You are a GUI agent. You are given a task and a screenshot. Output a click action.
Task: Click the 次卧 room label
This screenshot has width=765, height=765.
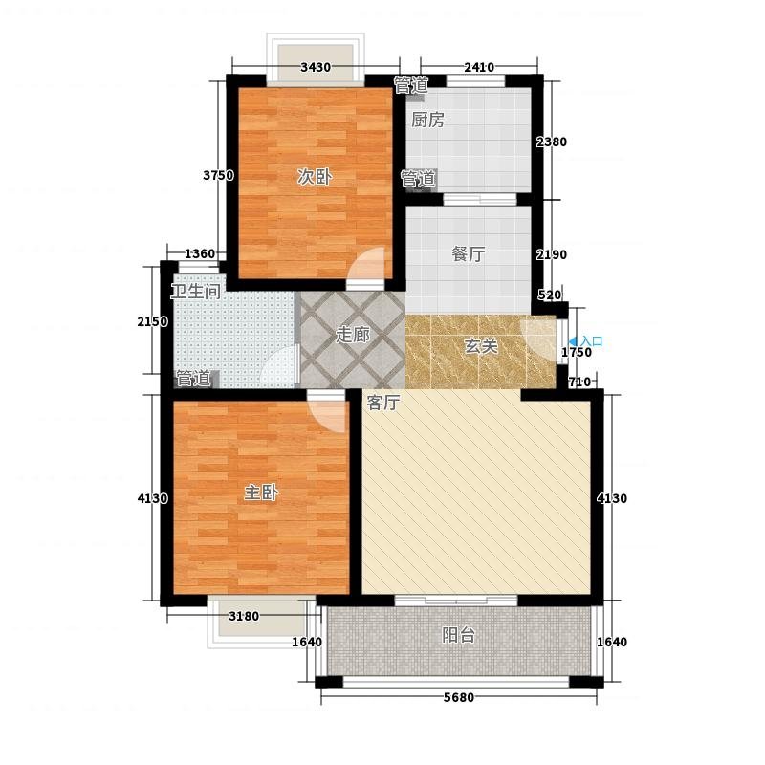315,177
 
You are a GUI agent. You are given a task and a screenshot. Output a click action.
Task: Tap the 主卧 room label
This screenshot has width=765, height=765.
261,492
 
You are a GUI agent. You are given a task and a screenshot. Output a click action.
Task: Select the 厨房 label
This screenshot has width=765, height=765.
427,120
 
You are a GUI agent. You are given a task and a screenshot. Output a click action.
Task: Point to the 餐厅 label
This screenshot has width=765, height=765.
468,253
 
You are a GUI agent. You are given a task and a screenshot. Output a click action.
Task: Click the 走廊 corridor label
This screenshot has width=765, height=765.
352,335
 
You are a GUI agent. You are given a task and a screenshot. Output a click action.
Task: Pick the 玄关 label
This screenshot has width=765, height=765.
481,346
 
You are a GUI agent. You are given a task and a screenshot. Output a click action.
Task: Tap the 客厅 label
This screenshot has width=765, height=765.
383,403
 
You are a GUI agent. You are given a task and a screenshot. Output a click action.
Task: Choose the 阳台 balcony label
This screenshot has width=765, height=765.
459,635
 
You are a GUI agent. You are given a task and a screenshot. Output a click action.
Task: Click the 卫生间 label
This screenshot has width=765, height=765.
196,292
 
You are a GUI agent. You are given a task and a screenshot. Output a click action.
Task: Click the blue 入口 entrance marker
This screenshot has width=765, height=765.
586,341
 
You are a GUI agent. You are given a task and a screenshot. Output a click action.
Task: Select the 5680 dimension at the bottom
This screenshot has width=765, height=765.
459,698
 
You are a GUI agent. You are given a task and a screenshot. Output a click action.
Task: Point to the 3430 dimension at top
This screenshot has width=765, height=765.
316,67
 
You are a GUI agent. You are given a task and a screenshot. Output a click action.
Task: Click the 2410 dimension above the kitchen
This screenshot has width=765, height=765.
479,67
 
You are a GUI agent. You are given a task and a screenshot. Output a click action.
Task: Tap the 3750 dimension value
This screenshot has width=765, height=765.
218,175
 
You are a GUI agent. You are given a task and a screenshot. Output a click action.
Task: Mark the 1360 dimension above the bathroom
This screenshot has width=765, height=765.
200,253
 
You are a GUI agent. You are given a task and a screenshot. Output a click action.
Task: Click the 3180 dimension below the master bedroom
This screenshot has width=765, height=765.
244,616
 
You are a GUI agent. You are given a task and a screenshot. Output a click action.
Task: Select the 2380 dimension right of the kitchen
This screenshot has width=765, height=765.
552,142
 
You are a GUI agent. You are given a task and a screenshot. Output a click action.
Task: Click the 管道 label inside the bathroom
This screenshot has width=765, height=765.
193,379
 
